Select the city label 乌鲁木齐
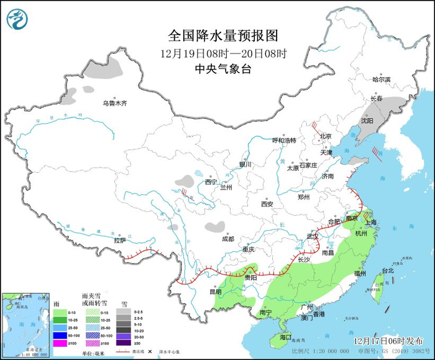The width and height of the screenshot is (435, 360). point(114,103)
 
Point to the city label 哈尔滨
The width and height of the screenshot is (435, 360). point(381,80)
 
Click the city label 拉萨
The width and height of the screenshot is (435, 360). point(119,240)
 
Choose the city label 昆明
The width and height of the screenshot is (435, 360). point(215,291)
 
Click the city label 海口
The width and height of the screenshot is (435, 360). point(285,336)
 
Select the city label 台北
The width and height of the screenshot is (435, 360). point(387,271)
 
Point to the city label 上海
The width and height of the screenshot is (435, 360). point(373,222)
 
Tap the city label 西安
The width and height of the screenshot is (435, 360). point(267,203)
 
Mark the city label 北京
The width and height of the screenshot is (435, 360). point(326,136)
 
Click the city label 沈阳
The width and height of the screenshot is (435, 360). point(367,121)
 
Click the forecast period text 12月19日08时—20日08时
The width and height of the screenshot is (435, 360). point(223,53)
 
